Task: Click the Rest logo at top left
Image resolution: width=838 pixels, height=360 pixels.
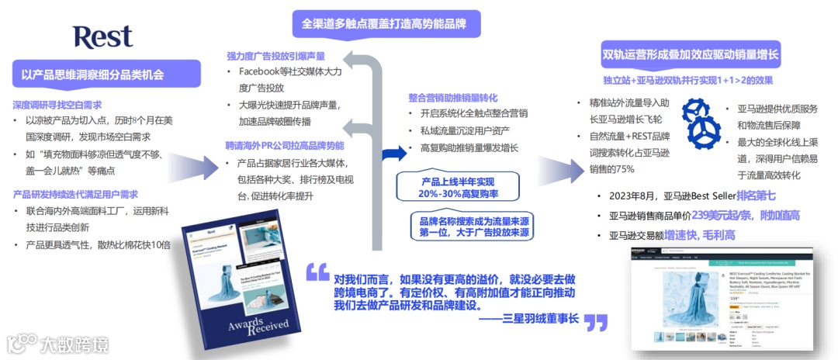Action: point(102,36)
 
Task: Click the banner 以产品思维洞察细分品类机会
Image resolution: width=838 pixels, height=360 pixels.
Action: point(92,75)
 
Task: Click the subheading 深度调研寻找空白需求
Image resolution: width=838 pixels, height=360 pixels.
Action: point(57,105)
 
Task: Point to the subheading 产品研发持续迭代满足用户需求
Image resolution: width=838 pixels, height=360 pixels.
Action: point(75,194)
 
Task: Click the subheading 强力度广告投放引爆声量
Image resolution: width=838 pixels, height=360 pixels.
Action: point(275,56)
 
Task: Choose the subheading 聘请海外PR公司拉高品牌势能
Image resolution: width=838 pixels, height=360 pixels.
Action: point(285,145)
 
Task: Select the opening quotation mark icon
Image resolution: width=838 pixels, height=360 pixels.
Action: point(317,272)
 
